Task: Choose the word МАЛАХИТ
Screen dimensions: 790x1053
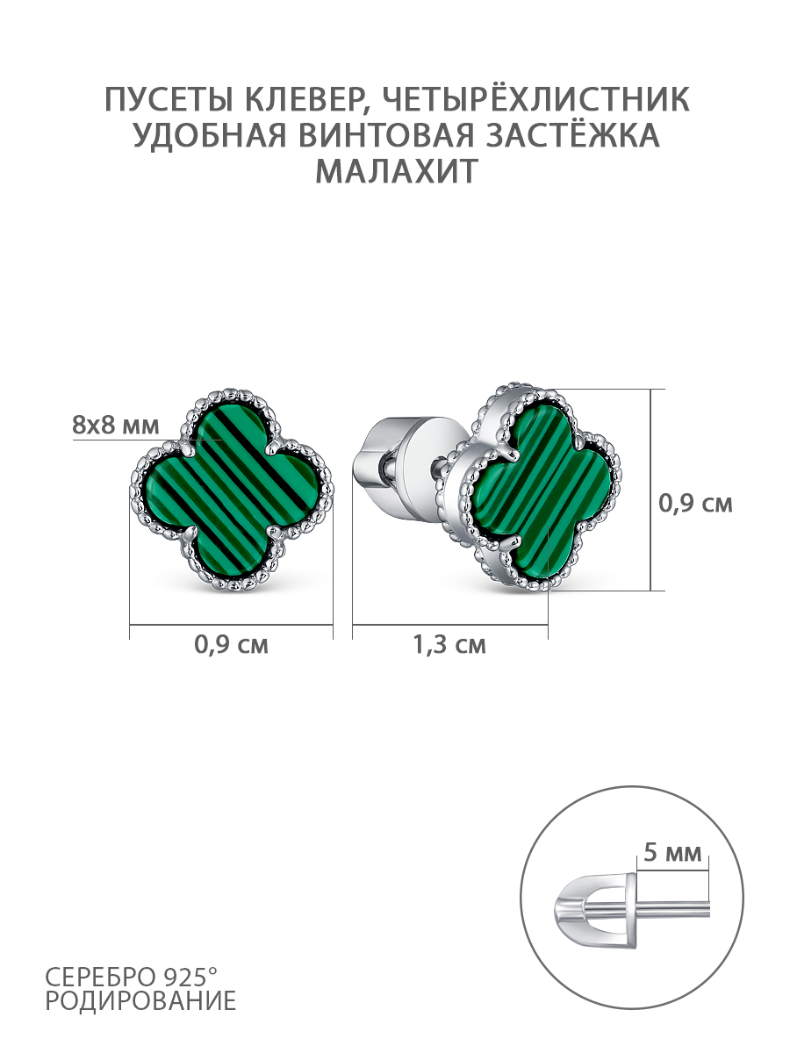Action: tap(397, 171)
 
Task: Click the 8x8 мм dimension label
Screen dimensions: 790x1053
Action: tap(116, 425)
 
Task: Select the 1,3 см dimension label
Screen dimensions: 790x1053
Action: tap(449, 645)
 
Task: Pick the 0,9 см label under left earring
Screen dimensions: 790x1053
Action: tap(231, 645)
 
